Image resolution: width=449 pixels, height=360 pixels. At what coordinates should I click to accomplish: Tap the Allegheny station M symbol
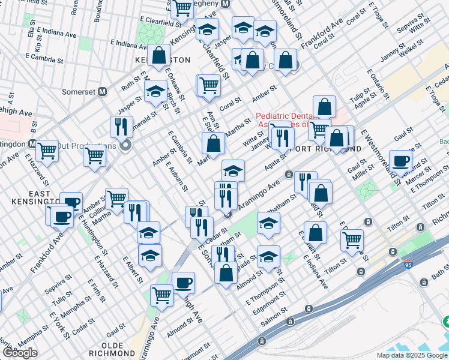(226, 4)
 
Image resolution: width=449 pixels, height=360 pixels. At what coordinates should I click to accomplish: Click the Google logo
(20, 353)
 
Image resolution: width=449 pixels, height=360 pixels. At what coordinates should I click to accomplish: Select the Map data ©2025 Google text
(412, 355)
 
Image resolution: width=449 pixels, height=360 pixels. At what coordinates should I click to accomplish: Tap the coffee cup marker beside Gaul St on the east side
(400, 160)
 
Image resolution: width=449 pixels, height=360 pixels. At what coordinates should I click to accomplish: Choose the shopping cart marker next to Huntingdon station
(47, 151)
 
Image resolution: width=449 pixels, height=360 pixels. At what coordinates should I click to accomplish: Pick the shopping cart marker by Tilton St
(352, 240)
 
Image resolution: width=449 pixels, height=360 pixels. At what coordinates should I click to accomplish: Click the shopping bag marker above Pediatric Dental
(324, 107)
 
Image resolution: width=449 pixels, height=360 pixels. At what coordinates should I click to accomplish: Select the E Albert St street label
(133, 269)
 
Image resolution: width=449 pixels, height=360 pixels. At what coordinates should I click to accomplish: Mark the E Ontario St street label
(376, 81)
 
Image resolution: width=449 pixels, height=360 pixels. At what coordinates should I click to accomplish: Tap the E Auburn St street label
(176, 174)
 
